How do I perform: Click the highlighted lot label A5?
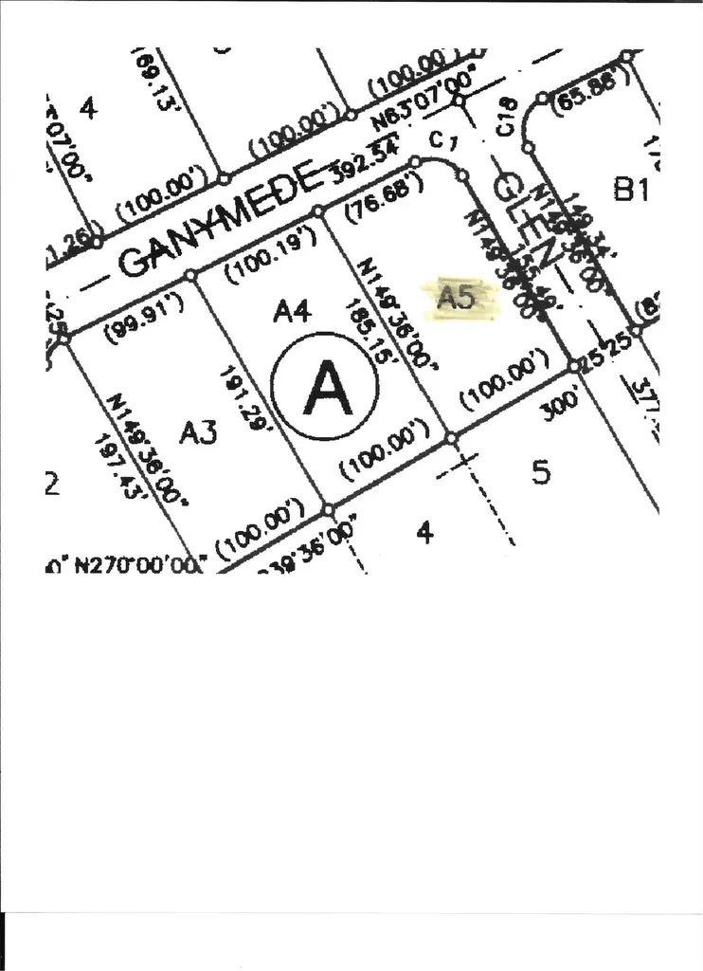pyautogui.click(x=456, y=298)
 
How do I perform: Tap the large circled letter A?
pyautogui.click(x=325, y=386)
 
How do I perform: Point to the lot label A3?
pyautogui.click(x=199, y=432)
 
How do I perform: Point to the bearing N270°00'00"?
pyautogui.click(x=139, y=563)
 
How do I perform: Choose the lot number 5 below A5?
pyautogui.click(x=541, y=472)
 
